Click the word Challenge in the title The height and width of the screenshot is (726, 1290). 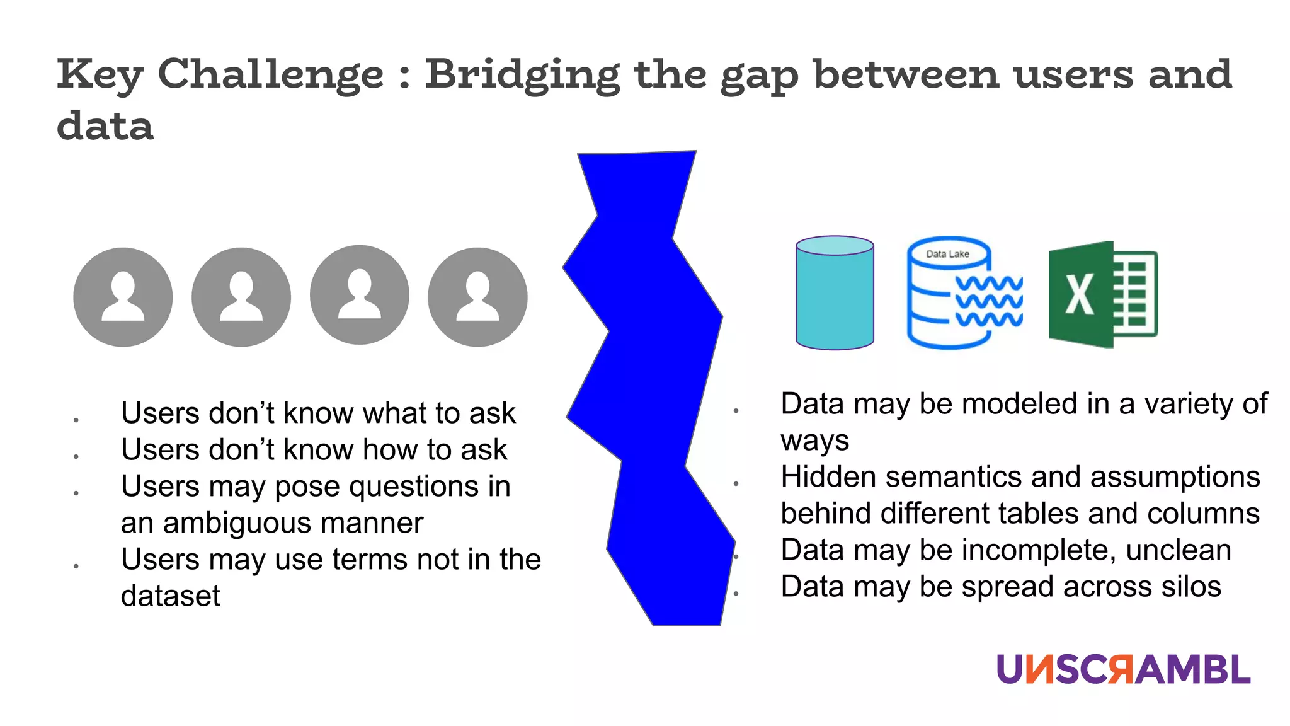(x=270, y=74)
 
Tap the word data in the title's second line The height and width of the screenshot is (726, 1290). (x=105, y=126)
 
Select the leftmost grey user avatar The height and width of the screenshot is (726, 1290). (x=123, y=297)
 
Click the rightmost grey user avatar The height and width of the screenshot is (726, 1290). (x=477, y=297)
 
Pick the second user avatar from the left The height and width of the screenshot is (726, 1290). (x=241, y=297)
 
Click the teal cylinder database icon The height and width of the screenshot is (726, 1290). (x=835, y=294)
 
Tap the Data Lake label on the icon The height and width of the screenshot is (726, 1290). (x=947, y=254)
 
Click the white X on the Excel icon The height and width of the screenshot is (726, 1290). (x=1079, y=294)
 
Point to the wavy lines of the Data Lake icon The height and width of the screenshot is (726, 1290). (x=989, y=301)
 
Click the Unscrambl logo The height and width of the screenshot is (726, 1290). (x=1123, y=669)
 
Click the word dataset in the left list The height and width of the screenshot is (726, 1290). (x=171, y=596)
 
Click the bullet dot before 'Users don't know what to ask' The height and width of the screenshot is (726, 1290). (x=76, y=420)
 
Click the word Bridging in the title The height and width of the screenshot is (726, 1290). (x=522, y=74)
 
